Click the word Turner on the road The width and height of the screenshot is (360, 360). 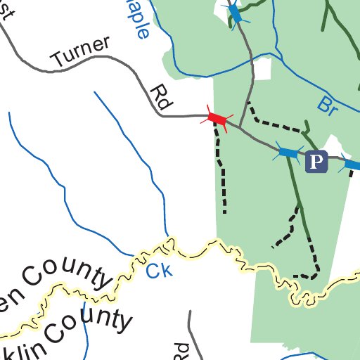[x=79, y=54]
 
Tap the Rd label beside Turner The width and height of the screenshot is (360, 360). [x=161, y=98]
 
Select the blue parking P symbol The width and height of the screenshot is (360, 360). [x=317, y=162]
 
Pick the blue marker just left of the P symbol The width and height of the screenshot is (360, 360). [x=288, y=152]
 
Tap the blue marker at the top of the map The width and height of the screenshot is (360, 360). [x=235, y=13]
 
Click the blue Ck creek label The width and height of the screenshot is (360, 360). [x=159, y=269]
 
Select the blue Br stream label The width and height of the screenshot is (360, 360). [x=326, y=105]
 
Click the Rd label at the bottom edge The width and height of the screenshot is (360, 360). [x=181, y=352]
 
